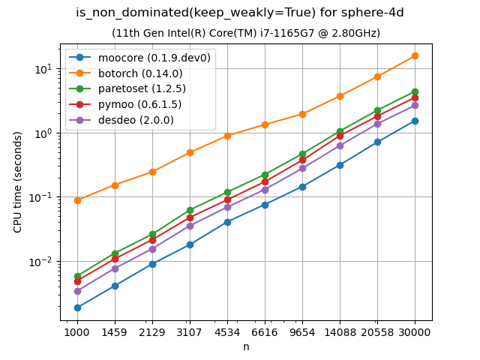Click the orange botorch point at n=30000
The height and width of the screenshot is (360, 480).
click(415, 55)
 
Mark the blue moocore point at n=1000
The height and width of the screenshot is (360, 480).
click(77, 307)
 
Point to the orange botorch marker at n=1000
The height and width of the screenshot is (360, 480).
click(77, 200)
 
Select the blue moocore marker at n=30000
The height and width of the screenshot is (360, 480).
click(415, 121)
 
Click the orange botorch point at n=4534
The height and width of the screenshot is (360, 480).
click(227, 136)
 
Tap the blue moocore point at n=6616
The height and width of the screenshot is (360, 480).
click(265, 205)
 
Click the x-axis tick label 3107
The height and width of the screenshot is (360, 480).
click(190, 331)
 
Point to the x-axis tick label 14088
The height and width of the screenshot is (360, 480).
click(340, 331)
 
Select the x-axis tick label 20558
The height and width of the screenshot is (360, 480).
click(377, 331)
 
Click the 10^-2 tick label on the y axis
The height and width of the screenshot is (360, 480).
click(46, 262)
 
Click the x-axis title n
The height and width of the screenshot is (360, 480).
click(246, 346)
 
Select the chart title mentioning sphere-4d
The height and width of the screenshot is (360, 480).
click(240, 13)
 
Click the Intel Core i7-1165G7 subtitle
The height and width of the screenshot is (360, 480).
click(246, 33)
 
